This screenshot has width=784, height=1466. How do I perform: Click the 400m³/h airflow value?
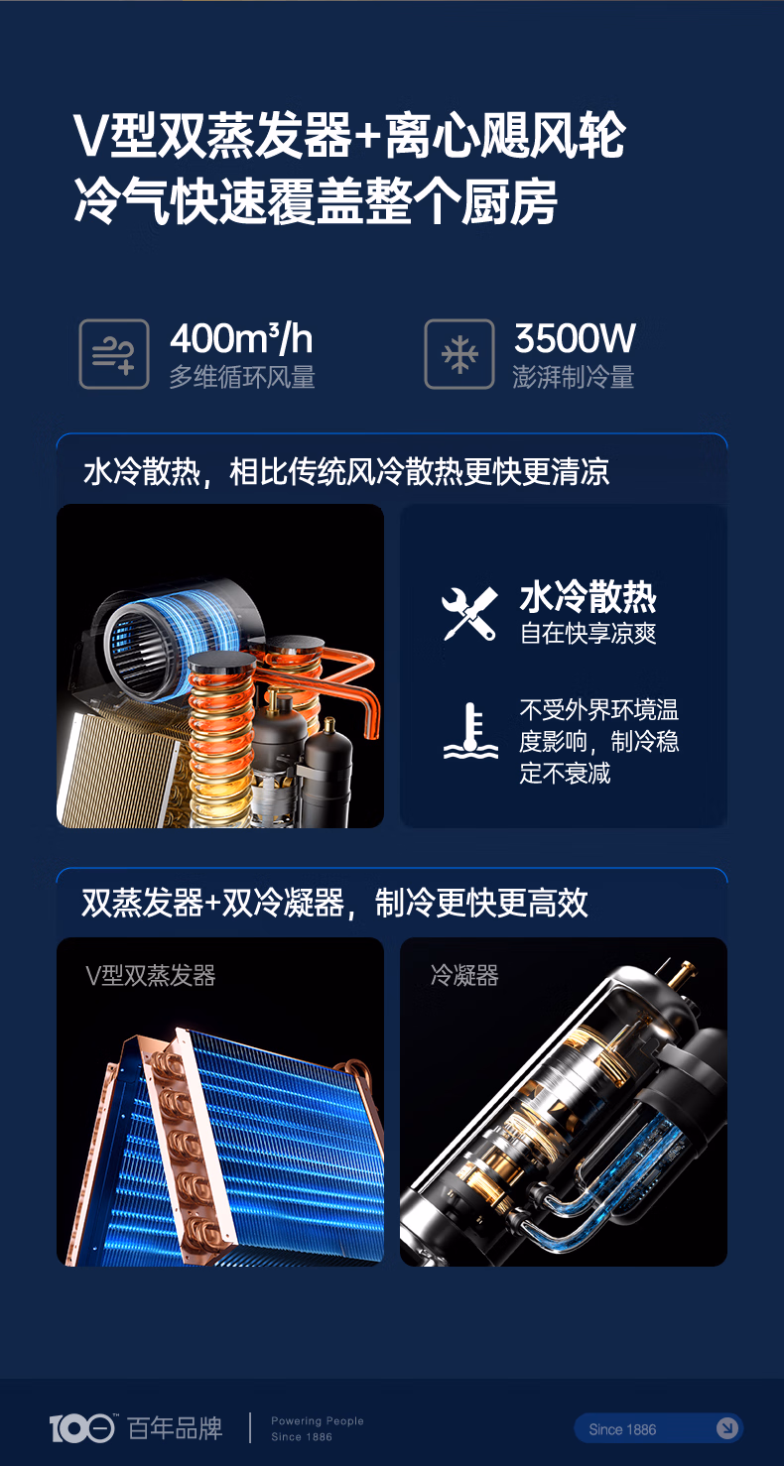(241, 339)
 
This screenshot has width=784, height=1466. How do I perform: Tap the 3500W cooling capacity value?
(575, 339)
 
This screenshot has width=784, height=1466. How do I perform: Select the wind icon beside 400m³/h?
(114, 354)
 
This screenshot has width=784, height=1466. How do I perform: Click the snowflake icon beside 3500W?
(458, 354)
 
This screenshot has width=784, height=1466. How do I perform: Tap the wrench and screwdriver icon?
(469, 614)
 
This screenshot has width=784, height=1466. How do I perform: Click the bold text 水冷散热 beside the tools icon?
(588, 598)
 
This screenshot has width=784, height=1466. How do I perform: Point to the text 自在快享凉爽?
(588, 634)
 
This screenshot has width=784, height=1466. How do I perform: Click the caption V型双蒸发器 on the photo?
(150, 975)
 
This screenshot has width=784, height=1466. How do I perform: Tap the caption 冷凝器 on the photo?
(464, 975)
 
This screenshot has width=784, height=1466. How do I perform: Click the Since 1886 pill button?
(658, 1428)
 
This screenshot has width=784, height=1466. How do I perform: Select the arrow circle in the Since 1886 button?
(727, 1428)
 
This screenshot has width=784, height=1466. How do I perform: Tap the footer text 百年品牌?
(175, 1428)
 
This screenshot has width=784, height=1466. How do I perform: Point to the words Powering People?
(318, 1420)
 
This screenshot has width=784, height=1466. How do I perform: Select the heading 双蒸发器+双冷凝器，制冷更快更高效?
(334, 903)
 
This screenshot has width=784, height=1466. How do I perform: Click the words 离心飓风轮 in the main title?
(505, 137)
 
